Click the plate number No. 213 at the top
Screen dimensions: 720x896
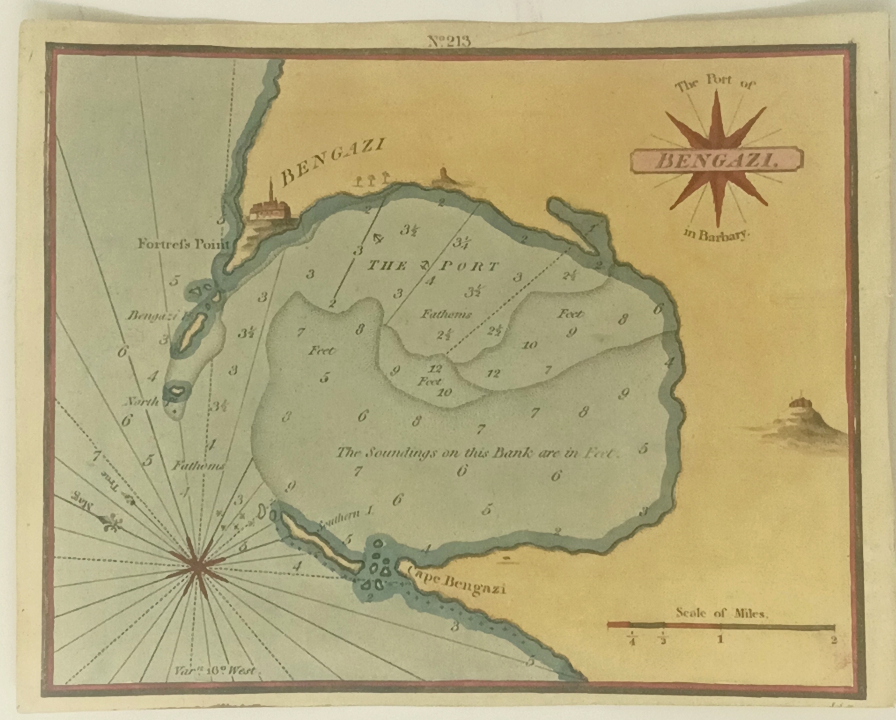[x=449, y=41]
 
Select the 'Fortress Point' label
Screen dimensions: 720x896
[x=183, y=245]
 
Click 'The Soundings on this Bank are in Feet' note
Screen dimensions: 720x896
[x=478, y=453]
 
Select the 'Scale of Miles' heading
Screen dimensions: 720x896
[x=721, y=613]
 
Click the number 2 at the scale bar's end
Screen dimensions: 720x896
[x=834, y=640]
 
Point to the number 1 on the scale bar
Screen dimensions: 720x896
[x=720, y=639]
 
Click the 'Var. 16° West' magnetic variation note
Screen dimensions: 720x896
[x=214, y=671]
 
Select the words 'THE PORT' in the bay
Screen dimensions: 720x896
[x=432, y=267]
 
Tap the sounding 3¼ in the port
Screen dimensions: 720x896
[x=461, y=243]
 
